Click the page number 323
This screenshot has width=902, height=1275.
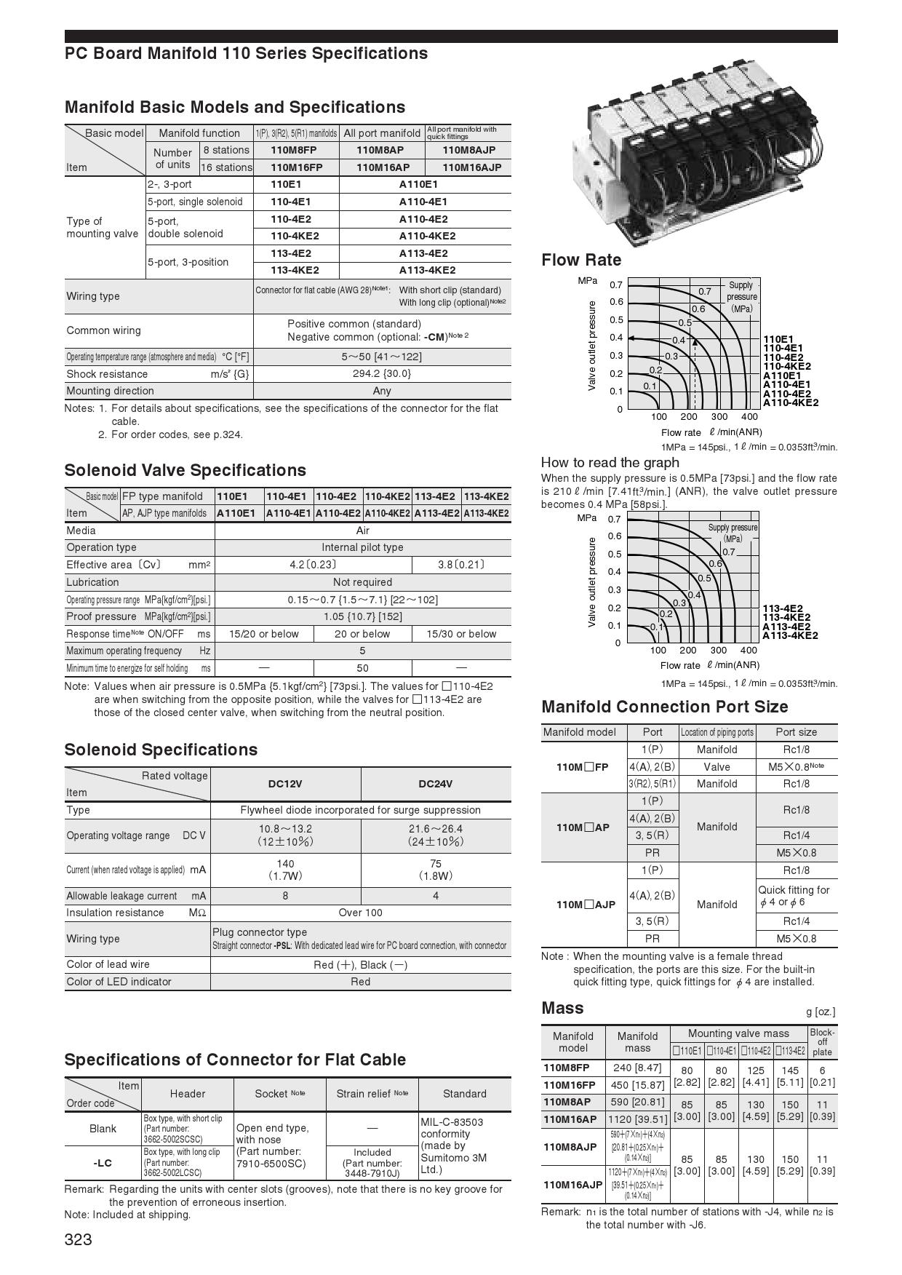(x=79, y=1240)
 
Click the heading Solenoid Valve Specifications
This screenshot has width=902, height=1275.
(x=185, y=470)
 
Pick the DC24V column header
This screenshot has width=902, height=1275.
(x=435, y=784)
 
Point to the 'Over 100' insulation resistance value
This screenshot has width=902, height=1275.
(x=360, y=913)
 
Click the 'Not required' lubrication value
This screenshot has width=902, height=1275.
(x=362, y=582)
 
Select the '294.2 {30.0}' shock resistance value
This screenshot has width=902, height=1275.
(x=381, y=374)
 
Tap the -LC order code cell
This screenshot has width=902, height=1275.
(x=103, y=1163)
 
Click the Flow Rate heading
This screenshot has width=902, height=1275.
(x=581, y=260)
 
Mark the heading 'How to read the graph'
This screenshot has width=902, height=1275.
(x=610, y=463)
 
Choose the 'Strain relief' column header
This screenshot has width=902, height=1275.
(x=372, y=1094)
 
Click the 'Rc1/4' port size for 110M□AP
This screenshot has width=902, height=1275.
(x=796, y=835)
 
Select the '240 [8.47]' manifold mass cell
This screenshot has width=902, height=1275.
(x=637, y=1068)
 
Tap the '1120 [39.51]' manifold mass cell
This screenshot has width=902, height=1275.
(x=637, y=1119)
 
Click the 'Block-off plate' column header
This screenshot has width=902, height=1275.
(x=822, y=1042)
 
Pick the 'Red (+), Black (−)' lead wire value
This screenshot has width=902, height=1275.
(x=360, y=965)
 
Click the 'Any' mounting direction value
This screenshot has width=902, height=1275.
(x=381, y=391)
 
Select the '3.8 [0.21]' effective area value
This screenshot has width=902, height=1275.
(x=461, y=565)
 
